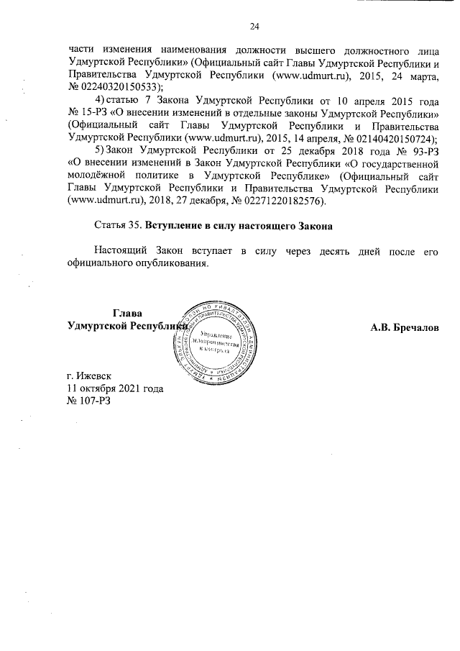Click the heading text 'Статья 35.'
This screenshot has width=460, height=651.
click(x=118, y=227)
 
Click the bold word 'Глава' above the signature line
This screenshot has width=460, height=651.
click(x=127, y=313)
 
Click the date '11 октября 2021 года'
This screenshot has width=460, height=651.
click(x=114, y=388)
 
